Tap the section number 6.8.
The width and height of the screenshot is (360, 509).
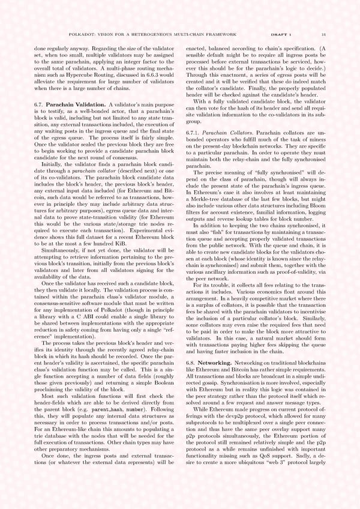192,363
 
